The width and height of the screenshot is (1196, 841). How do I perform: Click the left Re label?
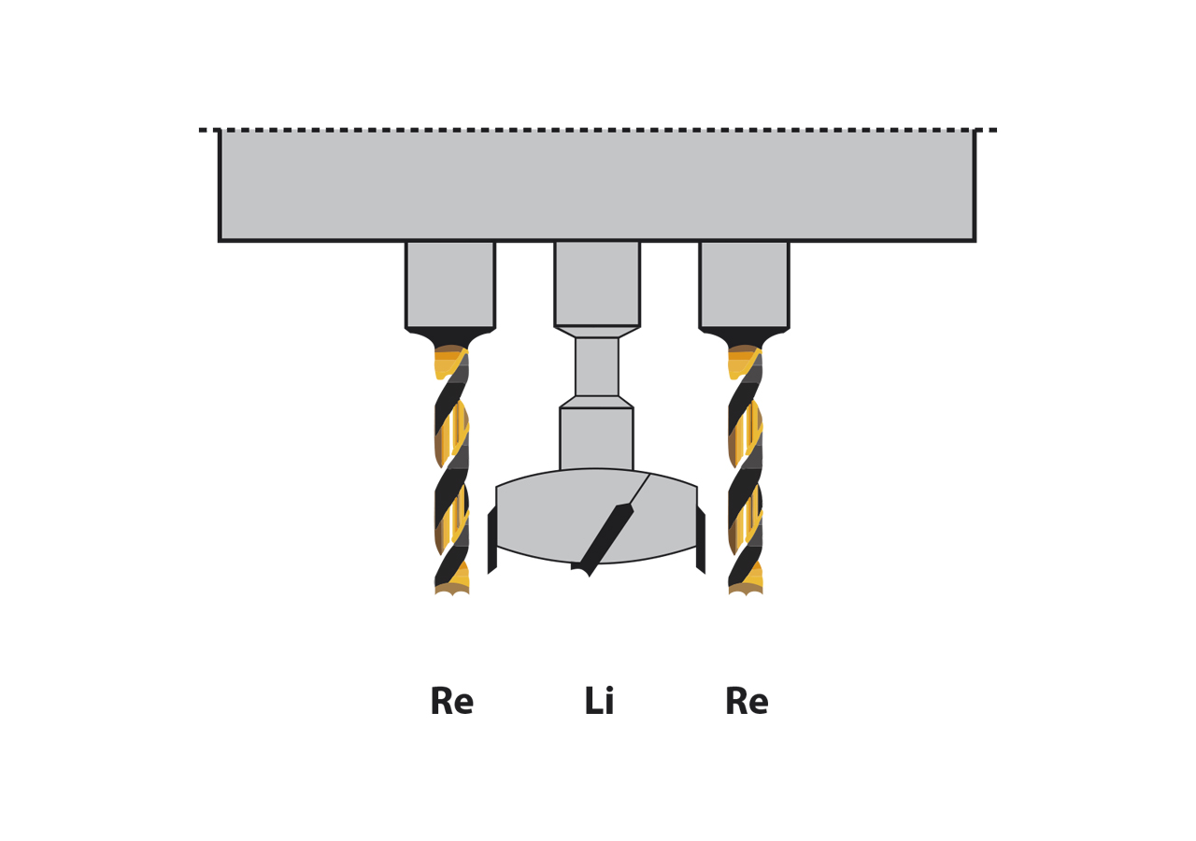(x=451, y=703)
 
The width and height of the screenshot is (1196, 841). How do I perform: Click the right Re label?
(x=746, y=703)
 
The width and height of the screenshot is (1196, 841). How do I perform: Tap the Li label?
(x=599, y=703)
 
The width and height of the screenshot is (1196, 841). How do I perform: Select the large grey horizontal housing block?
(x=597, y=185)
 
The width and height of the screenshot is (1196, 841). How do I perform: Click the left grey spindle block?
(x=450, y=284)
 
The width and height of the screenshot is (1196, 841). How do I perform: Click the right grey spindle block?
(x=744, y=284)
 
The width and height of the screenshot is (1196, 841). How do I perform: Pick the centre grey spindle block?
(x=597, y=283)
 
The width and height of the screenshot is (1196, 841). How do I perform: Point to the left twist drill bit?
(x=451, y=467)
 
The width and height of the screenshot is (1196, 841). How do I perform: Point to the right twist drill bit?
(x=746, y=467)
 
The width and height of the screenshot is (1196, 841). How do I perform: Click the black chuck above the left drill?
(x=450, y=338)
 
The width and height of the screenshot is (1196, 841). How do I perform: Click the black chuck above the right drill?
(x=745, y=338)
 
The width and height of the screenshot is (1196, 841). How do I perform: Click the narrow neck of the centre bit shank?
(x=596, y=366)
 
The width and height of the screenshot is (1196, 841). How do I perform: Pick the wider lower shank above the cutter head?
(x=596, y=437)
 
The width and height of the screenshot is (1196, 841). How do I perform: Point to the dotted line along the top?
(x=598, y=130)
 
